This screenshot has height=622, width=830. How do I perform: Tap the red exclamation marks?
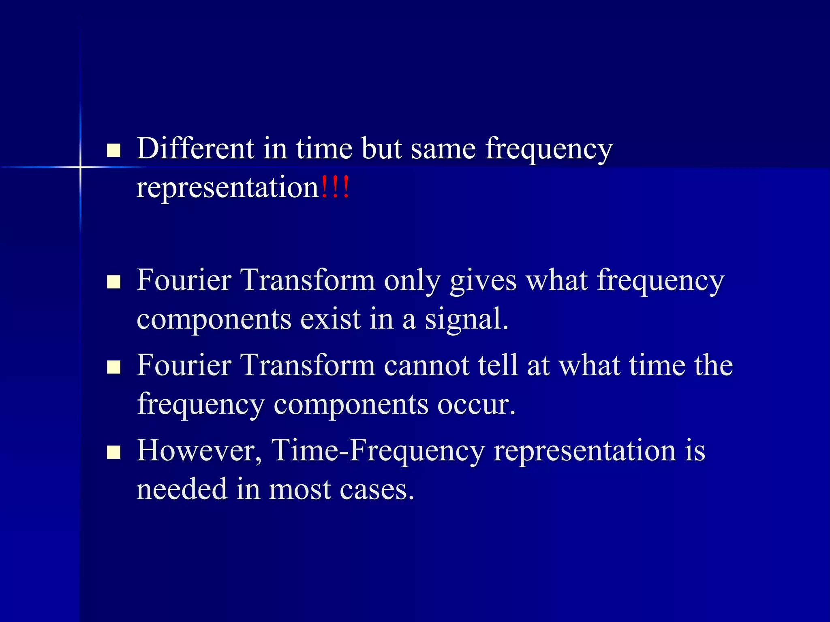tap(335, 188)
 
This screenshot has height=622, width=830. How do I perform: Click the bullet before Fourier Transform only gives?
tap(114, 282)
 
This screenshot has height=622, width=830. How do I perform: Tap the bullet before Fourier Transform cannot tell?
tap(114, 367)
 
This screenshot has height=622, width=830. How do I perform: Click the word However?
tap(199, 450)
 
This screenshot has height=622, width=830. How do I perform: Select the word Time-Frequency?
tap(378, 451)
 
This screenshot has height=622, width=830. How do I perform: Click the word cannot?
tap(426, 365)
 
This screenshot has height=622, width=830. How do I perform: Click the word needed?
tap(182, 489)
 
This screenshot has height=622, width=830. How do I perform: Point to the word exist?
tap(330, 319)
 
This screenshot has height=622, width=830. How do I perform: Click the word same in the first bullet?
tap(443, 149)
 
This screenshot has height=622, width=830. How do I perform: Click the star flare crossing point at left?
tap(80, 167)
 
